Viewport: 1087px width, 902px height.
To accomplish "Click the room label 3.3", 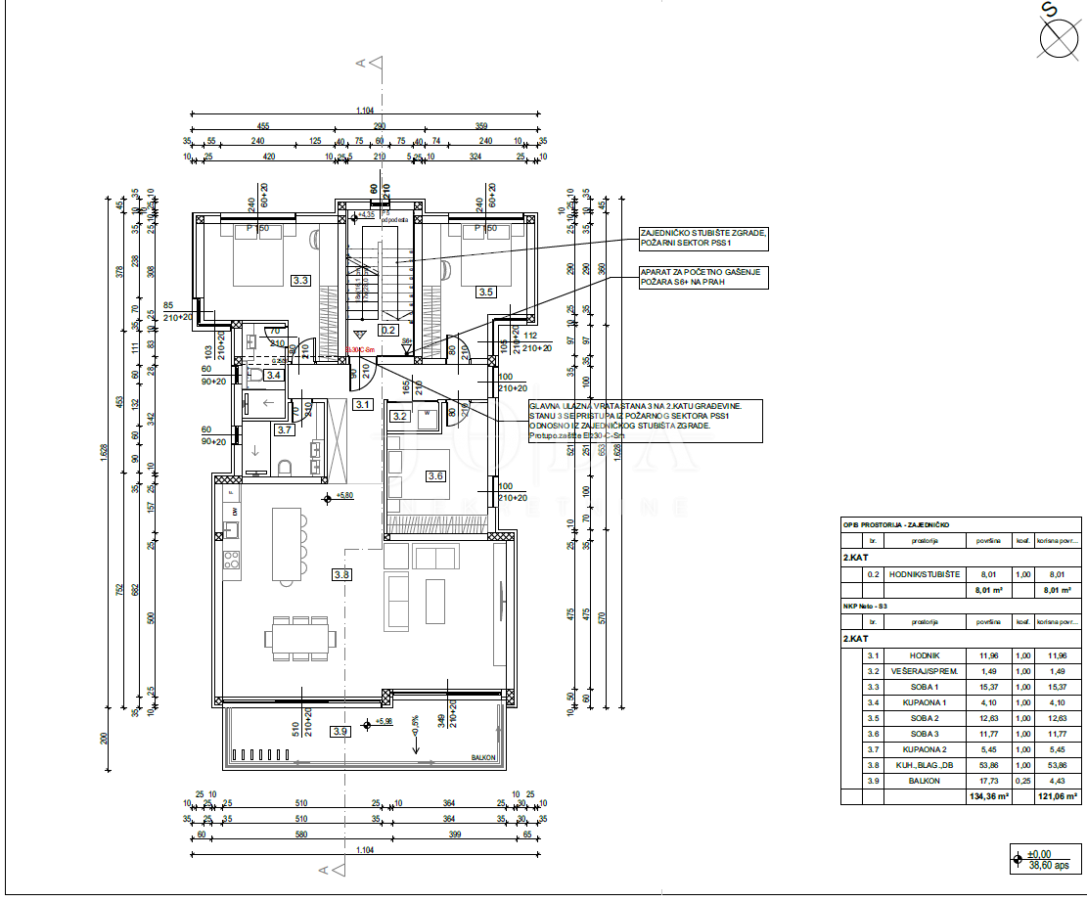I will click(x=301, y=281).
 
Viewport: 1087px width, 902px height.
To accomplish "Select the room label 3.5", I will click(x=485, y=291).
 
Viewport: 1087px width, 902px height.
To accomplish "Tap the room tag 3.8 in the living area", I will click(x=340, y=575).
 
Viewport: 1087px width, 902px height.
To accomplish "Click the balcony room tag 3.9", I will click(x=340, y=731).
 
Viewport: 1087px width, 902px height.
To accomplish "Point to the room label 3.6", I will click(x=435, y=476).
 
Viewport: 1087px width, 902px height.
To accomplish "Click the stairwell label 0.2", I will click(x=388, y=330).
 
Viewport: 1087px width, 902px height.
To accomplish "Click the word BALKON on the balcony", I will click(x=484, y=758).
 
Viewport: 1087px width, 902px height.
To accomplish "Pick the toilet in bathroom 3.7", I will click(x=285, y=467).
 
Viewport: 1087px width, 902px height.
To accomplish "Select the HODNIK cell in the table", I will click(x=923, y=656).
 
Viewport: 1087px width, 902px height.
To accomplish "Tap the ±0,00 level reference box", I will click(x=1043, y=859).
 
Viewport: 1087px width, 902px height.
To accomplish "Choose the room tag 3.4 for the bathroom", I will click(x=274, y=375).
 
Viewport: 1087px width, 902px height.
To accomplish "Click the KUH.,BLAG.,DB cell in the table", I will click(x=923, y=765).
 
